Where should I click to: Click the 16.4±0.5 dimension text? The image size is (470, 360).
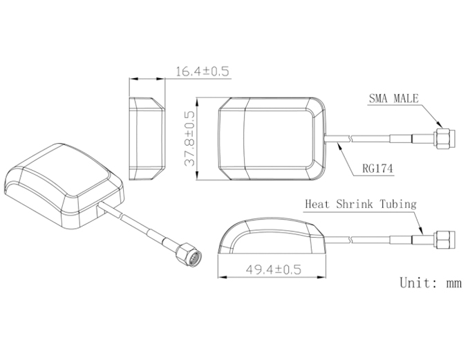(202, 72)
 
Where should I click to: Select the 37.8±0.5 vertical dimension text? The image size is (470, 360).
(189, 138)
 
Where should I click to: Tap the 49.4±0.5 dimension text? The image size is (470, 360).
(273, 269)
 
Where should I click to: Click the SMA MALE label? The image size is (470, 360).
(393, 98)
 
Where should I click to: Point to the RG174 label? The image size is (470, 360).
(377, 169)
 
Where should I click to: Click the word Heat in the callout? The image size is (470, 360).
(317, 204)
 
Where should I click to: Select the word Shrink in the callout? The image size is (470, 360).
(355, 204)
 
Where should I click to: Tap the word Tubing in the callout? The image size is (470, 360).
(398, 205)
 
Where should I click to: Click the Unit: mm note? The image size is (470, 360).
(431, 283)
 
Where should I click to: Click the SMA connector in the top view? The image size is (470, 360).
(444, 138)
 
